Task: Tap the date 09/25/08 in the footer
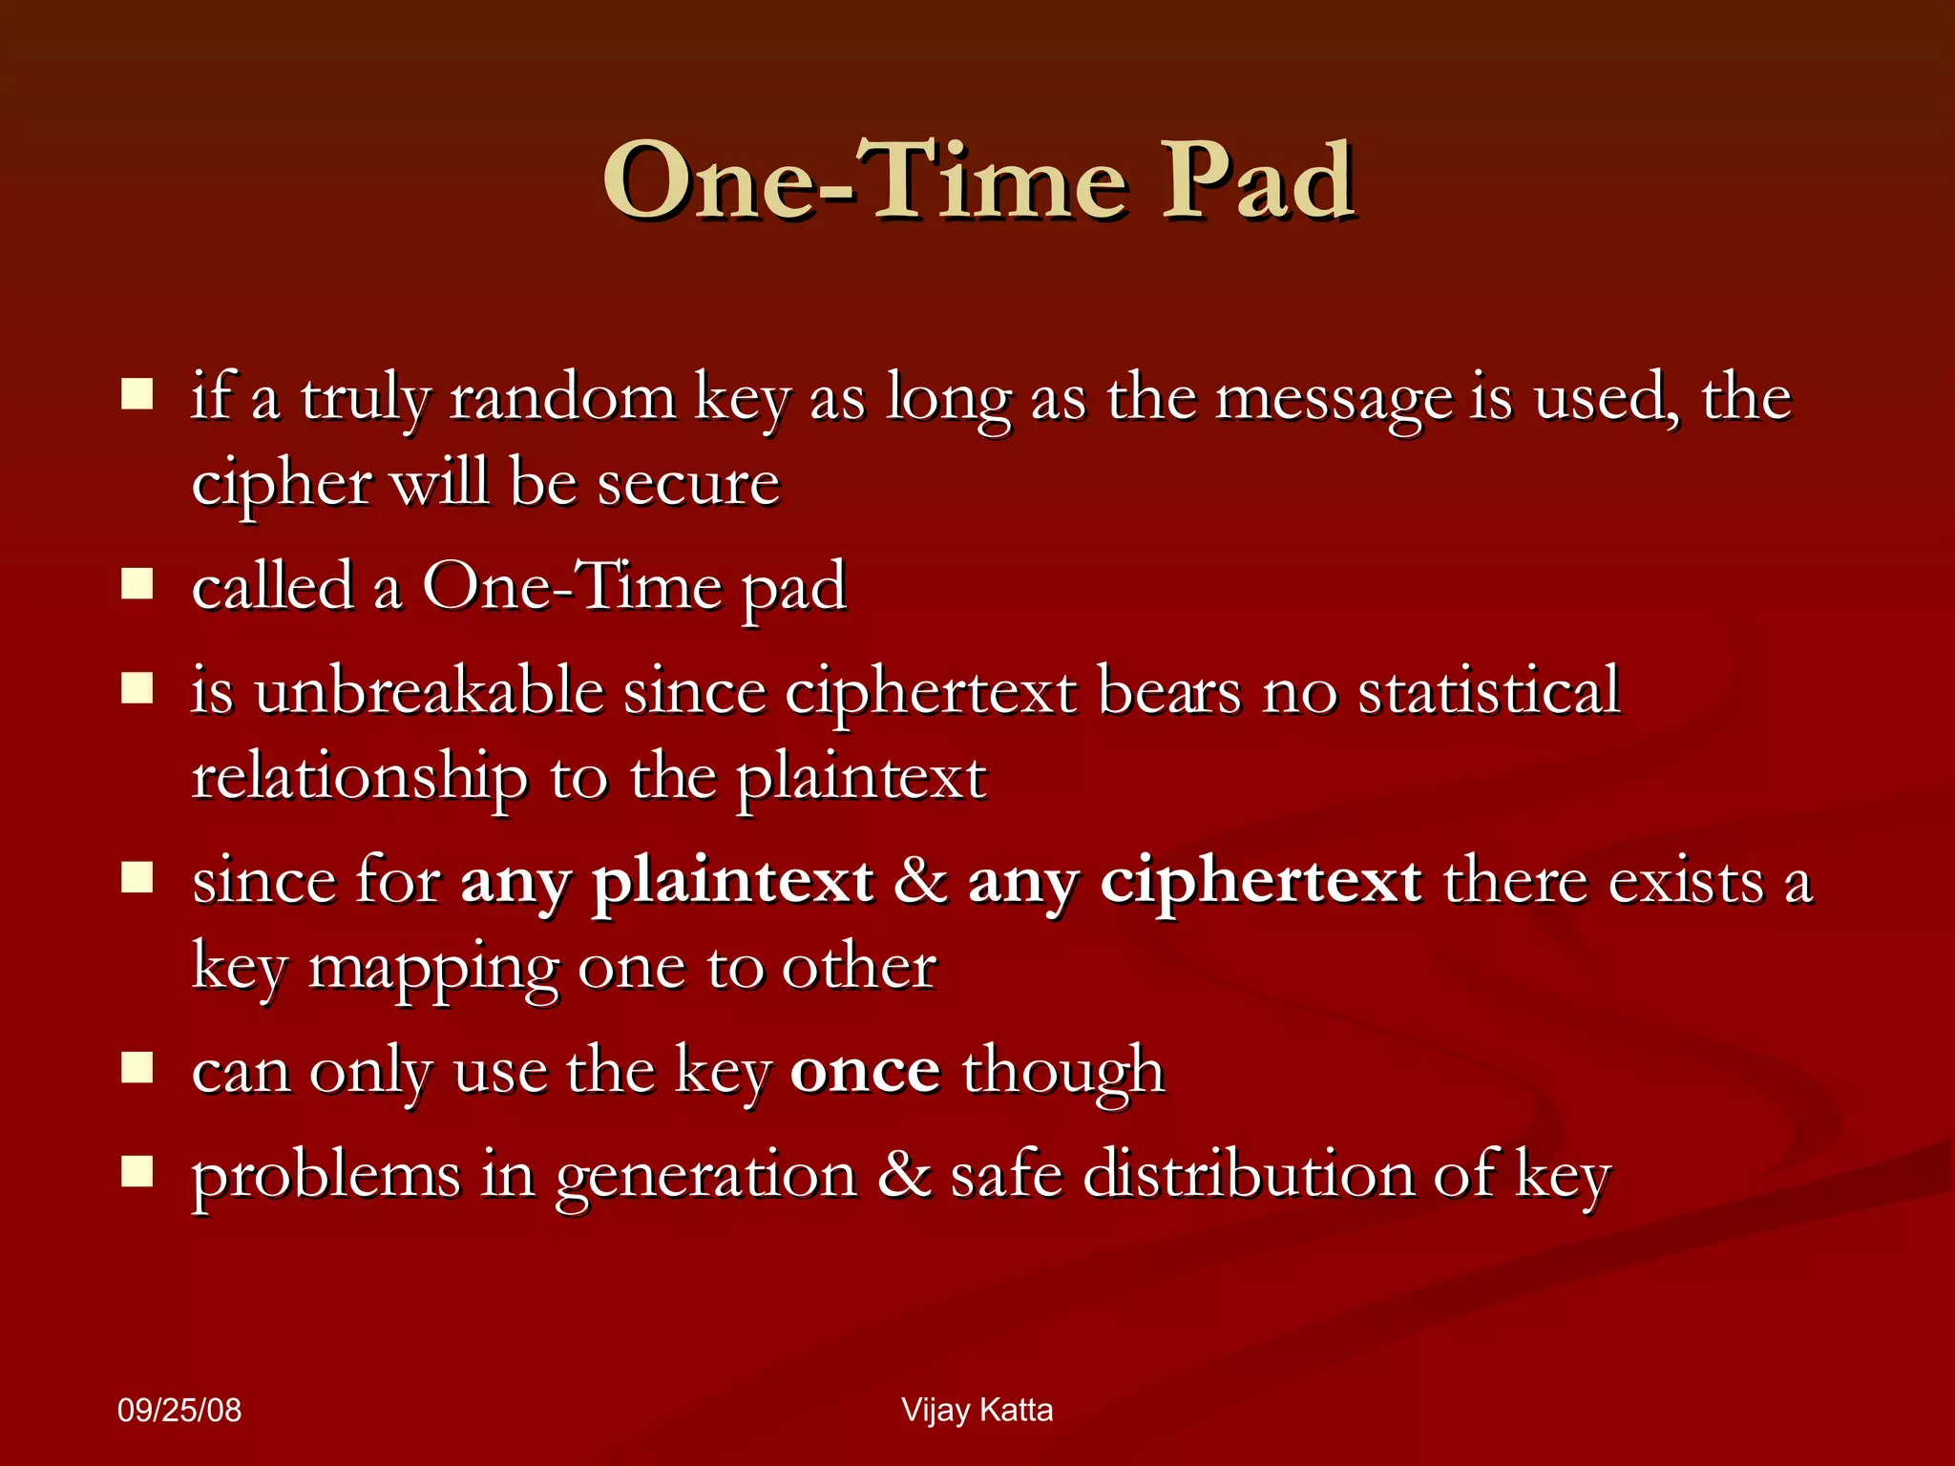click(x=179, y=1410)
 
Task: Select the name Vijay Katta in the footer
click(x=977, y=1410)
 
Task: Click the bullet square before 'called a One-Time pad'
click(x=137, y=583)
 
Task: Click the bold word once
click(x=865, y=1071)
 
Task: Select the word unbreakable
click(x=429, y=691)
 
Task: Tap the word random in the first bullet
click(x=562, y=398)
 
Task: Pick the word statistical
click(x=1488, y=691)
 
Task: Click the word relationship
click(x=360, y=777)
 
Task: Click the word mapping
click(x=434, y=970)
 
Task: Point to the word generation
click(x=706, y=1176)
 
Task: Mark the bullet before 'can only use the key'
click(x=137, y=1068)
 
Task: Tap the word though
click(x=1062, y=1071)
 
